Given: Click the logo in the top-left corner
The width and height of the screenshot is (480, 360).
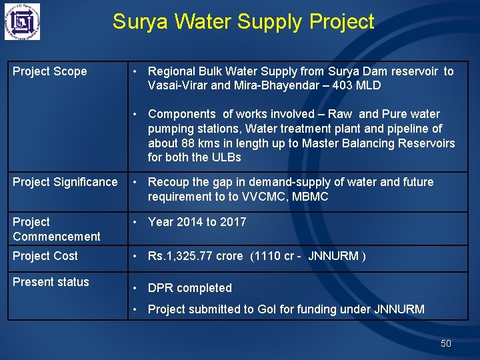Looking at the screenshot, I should point(22,22).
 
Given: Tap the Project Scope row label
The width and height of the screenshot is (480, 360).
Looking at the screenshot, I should point(50,71).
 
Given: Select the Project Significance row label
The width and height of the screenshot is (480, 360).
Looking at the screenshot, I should point(65,182).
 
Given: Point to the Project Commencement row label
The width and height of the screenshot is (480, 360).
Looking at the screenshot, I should point(56,229).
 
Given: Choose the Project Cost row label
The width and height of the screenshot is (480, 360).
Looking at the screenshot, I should point(45,256).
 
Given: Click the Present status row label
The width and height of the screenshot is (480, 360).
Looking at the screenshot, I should point(51,282).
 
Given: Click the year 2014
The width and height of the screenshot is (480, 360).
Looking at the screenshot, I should point(190,222).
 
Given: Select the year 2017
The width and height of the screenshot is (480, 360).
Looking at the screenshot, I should point(233,222).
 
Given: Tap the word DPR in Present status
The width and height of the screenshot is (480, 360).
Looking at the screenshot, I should point(161,288).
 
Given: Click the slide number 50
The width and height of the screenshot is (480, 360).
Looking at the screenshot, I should point(446,343).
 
